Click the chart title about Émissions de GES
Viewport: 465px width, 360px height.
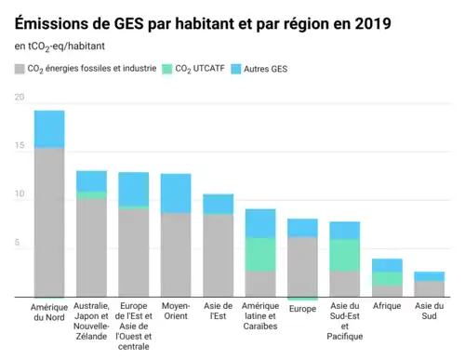(196, 20)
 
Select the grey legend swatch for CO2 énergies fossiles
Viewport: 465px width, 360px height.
(20, 69)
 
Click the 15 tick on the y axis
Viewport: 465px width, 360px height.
(20, 147)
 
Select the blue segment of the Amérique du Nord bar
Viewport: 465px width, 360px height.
(49, 128)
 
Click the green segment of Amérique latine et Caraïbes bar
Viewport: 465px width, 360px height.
(259, 254)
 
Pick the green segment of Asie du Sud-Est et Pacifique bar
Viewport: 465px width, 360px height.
(344, 255)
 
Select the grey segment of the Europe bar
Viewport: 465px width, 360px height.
(302, 266)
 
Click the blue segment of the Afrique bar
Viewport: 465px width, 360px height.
(387, 265)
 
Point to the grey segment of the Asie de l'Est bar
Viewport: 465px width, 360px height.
(218, 255)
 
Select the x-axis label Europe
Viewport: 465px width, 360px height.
(302, 308)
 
